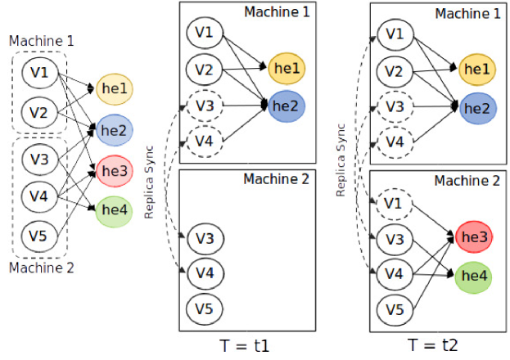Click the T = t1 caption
[245, 346]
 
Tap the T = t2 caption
[433, 344]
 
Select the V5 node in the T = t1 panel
[205, 308]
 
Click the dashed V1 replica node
[394, 204]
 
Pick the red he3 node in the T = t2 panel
[474, 236]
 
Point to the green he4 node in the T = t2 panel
[473, 277]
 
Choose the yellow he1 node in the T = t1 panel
[287, 68]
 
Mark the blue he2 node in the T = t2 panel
[478, 108]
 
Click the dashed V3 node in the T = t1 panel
[205, 106]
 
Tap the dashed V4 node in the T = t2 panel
[395, 142]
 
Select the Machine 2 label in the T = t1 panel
[276, 179]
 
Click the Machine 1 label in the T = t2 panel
[467, 14]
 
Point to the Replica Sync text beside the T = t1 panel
[149, 182]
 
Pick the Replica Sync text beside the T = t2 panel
[341, 160]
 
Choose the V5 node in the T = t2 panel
[395, 309]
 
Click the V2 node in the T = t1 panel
[205, 70]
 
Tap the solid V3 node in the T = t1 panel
[205, 238]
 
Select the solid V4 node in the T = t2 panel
[395, 274]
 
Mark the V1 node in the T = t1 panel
[205, 33]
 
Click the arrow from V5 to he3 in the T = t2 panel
[433, 273]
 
